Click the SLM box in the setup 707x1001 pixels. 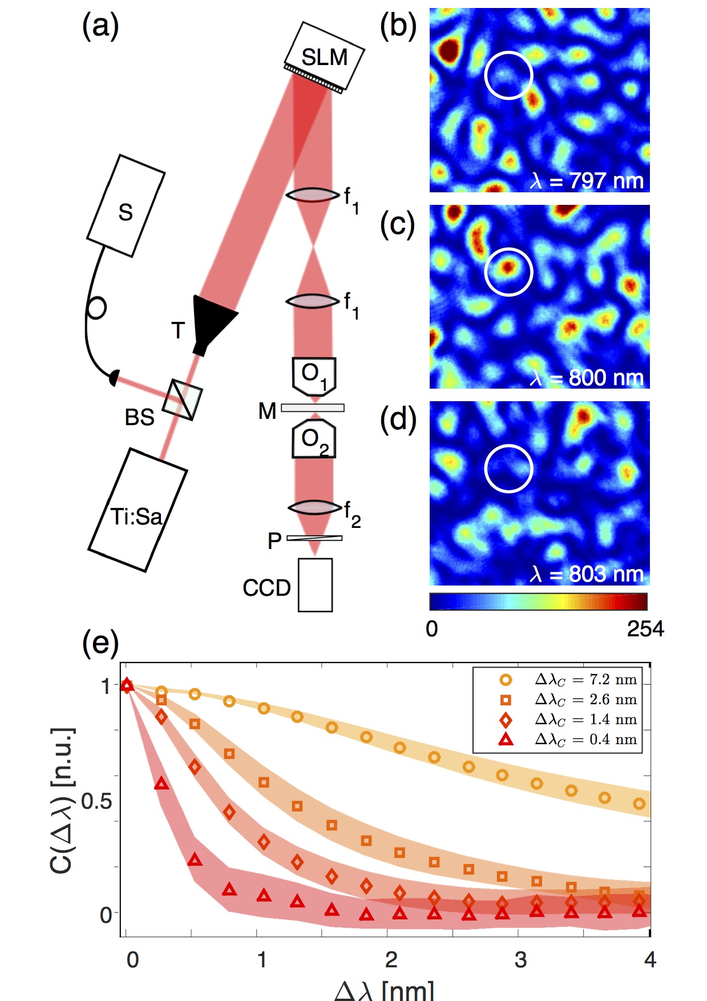point(324,56)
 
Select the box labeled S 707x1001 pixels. point(126,206)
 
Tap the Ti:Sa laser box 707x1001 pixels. point(137,510)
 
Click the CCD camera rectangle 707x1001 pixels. point(315,585)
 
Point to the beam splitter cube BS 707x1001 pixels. point(183,400)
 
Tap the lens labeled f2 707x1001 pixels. point(314,507)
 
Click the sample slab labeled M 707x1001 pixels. point(313,408)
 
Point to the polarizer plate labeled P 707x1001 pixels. point(314,538)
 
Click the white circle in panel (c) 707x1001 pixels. point(508,272)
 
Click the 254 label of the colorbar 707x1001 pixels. point(645,629)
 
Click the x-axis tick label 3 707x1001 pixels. point(520,959)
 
